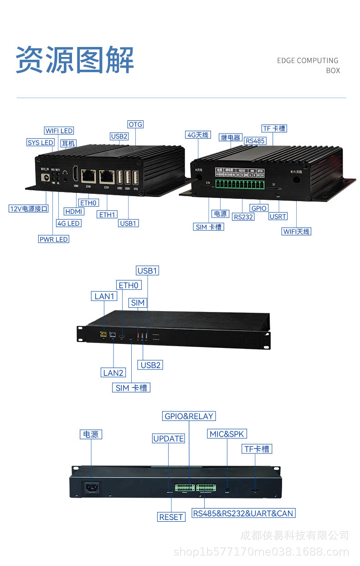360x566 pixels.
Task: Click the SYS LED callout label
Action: pyautogui.click(x=41, y=143)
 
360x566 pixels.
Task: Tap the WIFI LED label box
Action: pyautogui.click(x=59, y=131)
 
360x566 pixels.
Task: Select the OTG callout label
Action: pyautogui.click(x=135, y=125)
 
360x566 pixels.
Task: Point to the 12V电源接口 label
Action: pyautogui.click(x=29, y=209)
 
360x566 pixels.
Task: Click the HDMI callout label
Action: pyautogui.click(x=74, y=212)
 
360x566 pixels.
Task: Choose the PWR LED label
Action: pyautogui.click(x=54, y=239)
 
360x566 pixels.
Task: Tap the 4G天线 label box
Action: pyautogui.click(x=198, y=135)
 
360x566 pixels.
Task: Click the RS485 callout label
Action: pyautogui.click(x=255, y=141)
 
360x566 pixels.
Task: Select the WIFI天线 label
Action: pyautogui.click(x=296, y=231)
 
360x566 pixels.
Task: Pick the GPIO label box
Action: pyautogui.click(x=259, y=208)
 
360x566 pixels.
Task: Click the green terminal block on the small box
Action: pyautogui.click(x=241, y=185)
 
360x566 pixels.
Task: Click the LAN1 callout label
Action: pyautogui.click(x=104, y=296)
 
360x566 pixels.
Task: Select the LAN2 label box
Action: pyautogui.click(x=113, y=373)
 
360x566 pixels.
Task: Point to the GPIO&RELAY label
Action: pyautogui.click(x=189, y=416)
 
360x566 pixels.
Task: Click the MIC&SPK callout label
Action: pyautogui.click(x=226, y=434)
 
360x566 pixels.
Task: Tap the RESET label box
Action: pyautogui.click(x=171, y=517)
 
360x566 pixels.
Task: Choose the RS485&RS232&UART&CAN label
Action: pyautogui.click(x=243, y=513)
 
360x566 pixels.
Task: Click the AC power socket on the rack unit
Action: pyautogui.click(x=92, y=488)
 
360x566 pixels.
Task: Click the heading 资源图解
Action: pyautogui.click(x=75, y=60)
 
